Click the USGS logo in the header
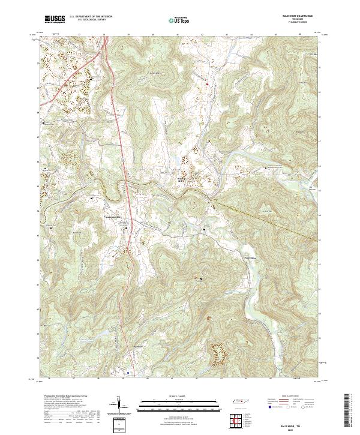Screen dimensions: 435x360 [55, 20]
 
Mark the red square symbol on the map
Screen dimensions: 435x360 [208, 85]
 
